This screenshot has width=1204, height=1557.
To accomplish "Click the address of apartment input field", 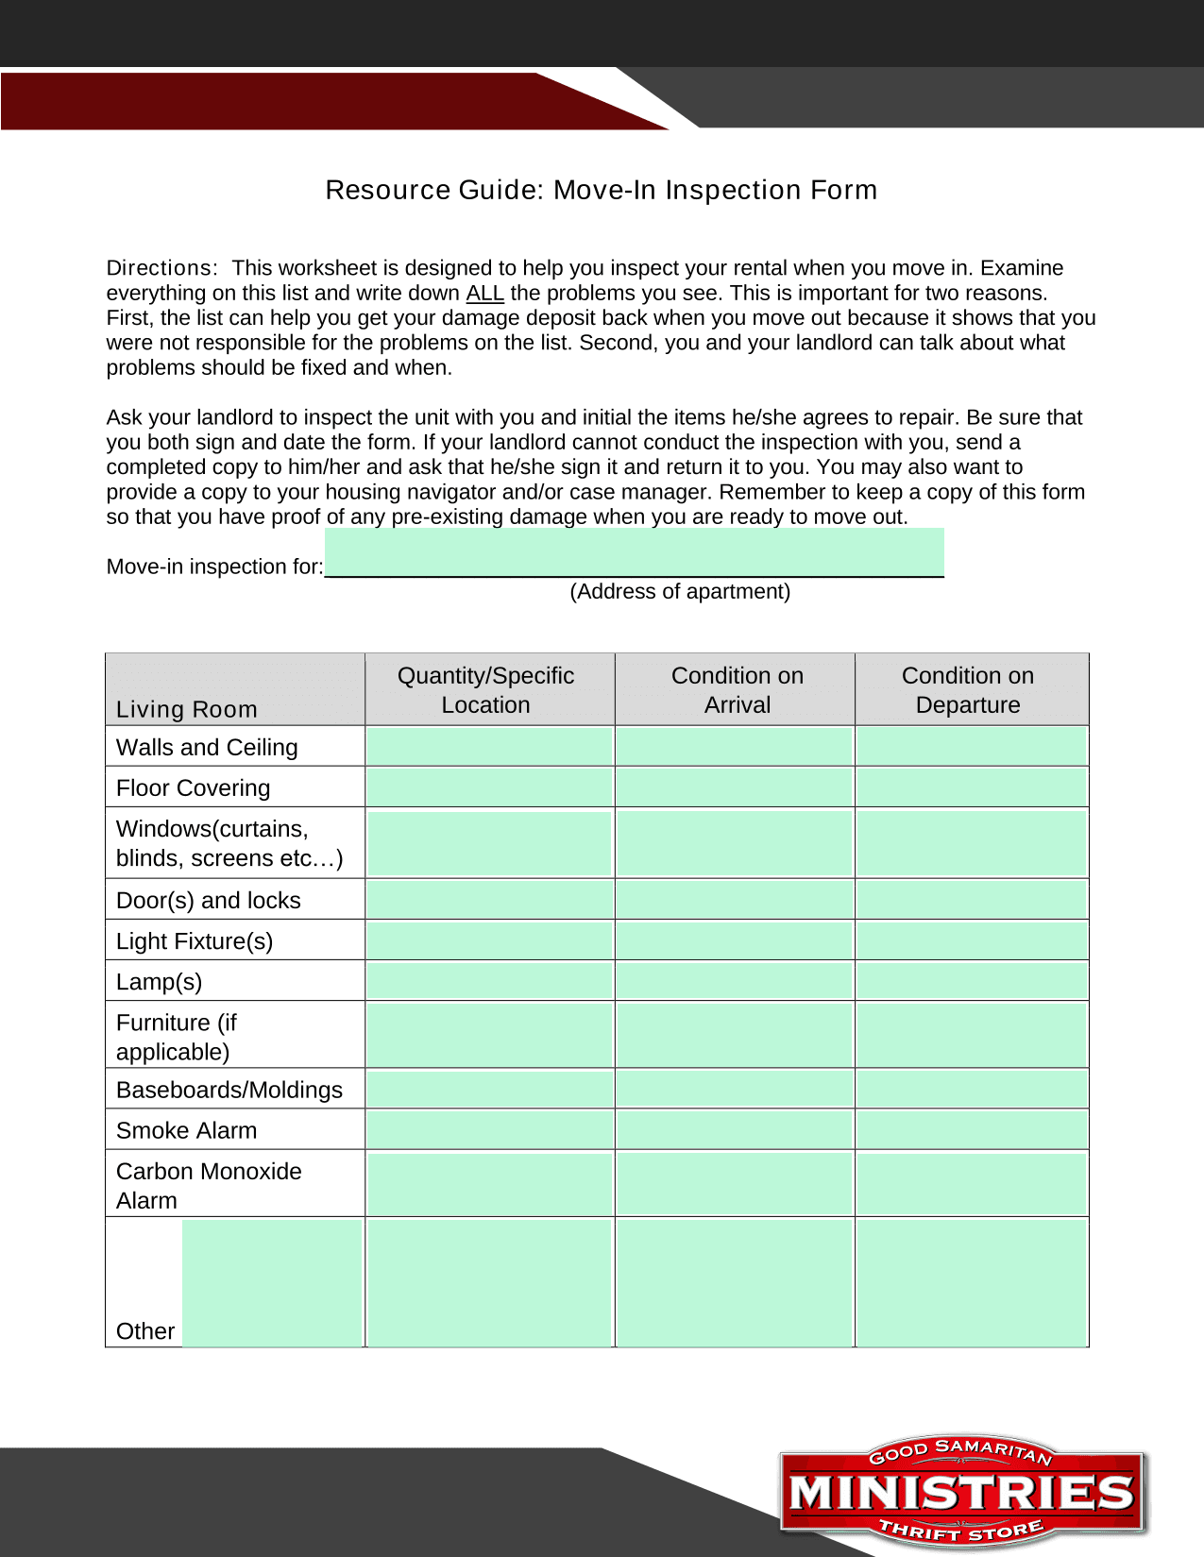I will pyautogui.click(x=634, y=552).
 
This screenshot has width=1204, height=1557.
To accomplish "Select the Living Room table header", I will pyautogui.click(x=187, y=709).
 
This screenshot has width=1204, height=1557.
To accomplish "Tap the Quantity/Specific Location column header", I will pyautogui.click(x=485, y=690).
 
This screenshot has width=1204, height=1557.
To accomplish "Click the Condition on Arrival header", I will pyautogui.click(x=737, y=690).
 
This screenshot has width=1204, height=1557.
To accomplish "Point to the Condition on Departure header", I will pyautogui.click(x=967, y=690).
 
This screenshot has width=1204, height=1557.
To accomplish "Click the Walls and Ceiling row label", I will pyautogui.click(x=207, y=748).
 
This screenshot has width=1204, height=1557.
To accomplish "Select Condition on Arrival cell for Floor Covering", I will pyautogui.click(x=734, y=787).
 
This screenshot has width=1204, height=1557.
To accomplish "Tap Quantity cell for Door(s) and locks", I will pyautogui.click(x=489, y=900).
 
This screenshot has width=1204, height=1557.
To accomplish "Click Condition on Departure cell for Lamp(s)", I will pyautogui.click(x=971, y=981).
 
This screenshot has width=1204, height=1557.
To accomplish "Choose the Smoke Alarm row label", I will pyautogui.click(x=186, y=1130).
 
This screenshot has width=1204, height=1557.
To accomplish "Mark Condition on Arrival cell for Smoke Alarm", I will pyautogui.click(x=734, y=1129).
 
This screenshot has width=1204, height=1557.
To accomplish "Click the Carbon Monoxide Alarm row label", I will pyautogui.click(x=209, y=1185).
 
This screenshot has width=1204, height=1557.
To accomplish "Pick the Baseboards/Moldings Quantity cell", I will pyautogui.click(x=489, y=1090).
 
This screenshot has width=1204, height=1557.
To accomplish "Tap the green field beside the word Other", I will pyautogui.click(x=272, y=1282).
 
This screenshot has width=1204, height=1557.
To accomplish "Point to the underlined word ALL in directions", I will pyautogui.click(x=484, y=294).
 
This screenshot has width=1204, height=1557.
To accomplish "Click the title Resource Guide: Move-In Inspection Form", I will pyautogui.click(x=601, y=190).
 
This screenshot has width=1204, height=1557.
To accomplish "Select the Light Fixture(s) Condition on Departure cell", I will pyautogui.click(x=971, y=940).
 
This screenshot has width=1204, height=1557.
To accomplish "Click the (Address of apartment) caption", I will pyautogui.click(x=680, y=592).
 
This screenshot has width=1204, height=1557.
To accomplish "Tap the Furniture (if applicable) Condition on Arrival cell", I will pyautogui.click(x=734, y=1035).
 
